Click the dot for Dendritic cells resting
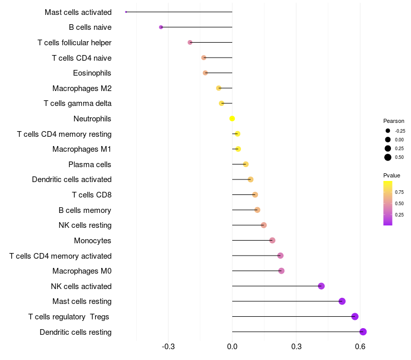(x=363, y=332)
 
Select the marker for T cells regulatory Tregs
(x=354, y=316)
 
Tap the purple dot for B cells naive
(x=161, y=27)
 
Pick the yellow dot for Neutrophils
(x=232, y=119)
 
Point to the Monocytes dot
(x=272, y=240)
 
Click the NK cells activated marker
(x=321, y=286)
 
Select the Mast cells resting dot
(x=342, y=301)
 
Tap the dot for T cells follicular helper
(x=190, y=42)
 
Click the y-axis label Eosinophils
(x=92, y=73)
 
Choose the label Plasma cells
(x=90, y=165)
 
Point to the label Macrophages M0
(x=82, y=271)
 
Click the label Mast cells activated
(x=78, y=12)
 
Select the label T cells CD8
(x=91, y=195)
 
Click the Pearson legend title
(x=394, y=121)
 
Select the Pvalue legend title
(x=392, y=175)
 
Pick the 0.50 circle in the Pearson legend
(x=388, y=157)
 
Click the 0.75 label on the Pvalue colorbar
(x=399, y=192)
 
